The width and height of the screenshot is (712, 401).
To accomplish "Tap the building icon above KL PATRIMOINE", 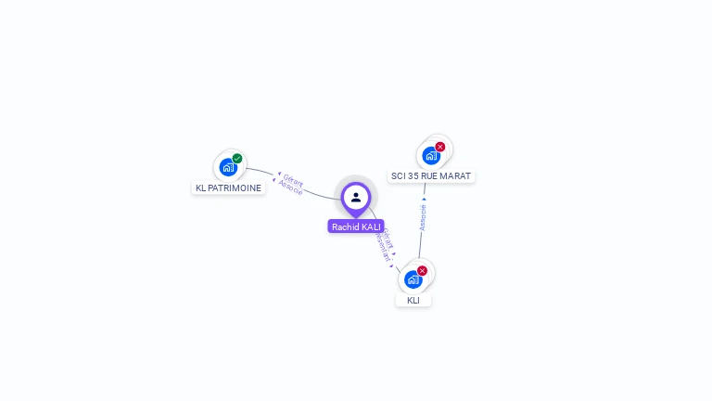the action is coord(228,167).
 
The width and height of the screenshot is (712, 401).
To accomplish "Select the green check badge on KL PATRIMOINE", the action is coord(237,159).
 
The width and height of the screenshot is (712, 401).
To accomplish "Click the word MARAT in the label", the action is coord(456,175).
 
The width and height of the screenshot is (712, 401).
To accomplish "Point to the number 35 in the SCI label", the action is coord(413,175).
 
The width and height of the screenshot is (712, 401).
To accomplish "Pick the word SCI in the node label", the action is coord(399,175).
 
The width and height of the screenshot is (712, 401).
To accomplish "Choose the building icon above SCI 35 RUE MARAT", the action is coord(431,156).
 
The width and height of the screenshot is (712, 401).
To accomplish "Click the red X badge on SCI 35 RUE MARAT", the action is coord(440,147).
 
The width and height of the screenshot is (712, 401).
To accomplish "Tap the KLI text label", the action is coord(413,300).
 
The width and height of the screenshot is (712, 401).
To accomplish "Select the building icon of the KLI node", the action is coord(413,279).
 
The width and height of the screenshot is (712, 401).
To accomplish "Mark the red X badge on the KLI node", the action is coord(423,271).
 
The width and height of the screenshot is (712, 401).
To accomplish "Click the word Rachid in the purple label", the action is coord(345,226).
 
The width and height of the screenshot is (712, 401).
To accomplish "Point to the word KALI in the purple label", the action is coord(371,226).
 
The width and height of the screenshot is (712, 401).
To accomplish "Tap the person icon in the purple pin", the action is coord(356,197).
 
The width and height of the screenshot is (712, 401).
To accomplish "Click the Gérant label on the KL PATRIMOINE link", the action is coord(294,180).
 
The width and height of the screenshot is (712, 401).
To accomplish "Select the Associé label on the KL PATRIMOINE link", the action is coord(289,188).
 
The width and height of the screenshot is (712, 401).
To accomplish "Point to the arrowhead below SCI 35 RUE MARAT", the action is coord(425,199).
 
